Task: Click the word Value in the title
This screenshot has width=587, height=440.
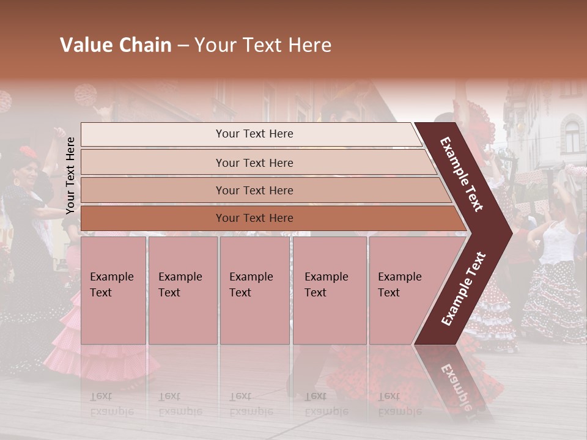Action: (84, 45)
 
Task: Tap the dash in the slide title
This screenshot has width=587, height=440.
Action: (182, 46)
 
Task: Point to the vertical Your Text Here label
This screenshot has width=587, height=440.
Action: (70, 175)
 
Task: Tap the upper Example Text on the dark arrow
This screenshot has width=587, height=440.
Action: (462, 174)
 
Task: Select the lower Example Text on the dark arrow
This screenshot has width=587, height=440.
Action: (463, 289)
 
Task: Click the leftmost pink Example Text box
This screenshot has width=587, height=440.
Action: (113, 290)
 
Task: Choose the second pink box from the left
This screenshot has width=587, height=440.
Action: (183, 290)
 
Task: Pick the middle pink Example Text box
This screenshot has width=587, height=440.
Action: (254, 290)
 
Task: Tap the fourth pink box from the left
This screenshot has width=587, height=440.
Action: (330, 290)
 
